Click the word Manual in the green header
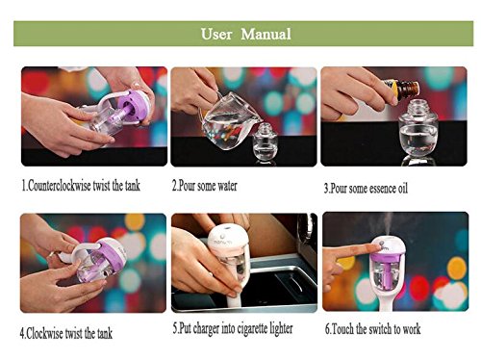266,34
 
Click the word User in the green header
216,34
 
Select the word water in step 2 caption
227,186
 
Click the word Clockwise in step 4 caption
44,333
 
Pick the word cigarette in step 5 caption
251,328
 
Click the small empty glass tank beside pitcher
265,141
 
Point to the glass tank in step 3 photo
418,130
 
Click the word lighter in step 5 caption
280,328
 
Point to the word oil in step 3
403,189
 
